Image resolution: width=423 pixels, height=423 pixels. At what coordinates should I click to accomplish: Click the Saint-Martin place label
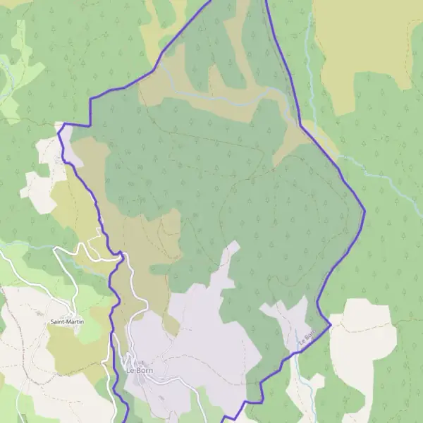tap(64, 322)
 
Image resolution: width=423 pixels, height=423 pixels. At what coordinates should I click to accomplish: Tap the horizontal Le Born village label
tap(140, 370)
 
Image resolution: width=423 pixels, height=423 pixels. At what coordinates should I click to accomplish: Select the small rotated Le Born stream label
tap(305, 338)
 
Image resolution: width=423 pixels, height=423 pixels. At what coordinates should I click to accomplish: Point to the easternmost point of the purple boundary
tap(364, 209)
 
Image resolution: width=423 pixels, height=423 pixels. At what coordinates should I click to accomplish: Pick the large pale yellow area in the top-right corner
tap(367, 49)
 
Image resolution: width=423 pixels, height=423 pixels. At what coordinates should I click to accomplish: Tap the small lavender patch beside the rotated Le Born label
tap(289, 321)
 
